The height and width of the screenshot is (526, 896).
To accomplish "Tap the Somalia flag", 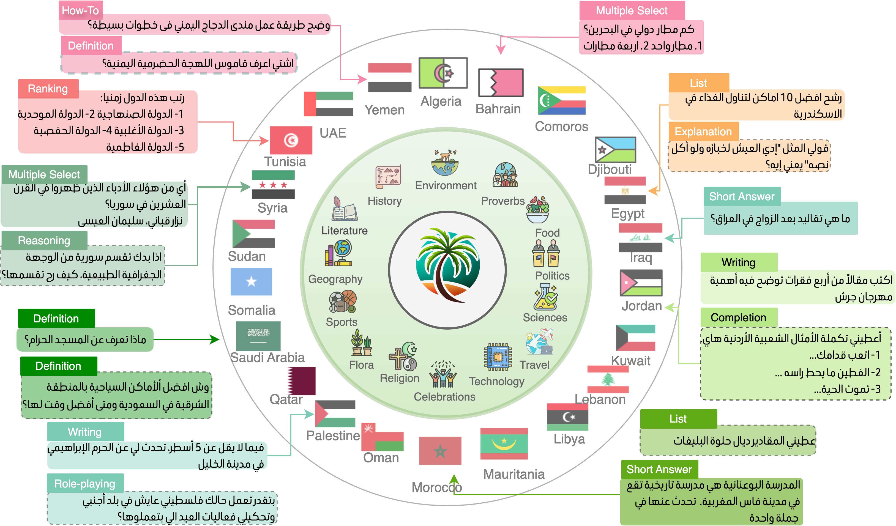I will pos(251,281).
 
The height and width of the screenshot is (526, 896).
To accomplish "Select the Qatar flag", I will pos(302,381).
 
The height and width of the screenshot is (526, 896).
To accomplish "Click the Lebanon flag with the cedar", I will pos(608,379).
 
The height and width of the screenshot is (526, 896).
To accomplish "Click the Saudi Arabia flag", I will pos(258,336).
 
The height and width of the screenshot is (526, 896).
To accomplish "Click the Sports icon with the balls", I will pos(342,302).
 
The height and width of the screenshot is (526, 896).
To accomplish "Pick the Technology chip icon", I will pos(498,357).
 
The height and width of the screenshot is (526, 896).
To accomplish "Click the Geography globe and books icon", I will pos(338,253).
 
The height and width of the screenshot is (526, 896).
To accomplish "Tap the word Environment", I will pos(446,185).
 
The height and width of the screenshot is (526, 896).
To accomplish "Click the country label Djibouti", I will pos(610,169).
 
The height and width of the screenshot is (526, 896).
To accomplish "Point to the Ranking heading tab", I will pos(48,89).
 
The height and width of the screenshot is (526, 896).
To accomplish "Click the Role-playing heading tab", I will pos(85,484).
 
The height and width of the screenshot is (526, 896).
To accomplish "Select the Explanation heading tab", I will pos(703,131).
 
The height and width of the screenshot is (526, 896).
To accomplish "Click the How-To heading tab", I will pos(80,10).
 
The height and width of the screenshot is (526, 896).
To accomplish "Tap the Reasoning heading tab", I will pos(44,241).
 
